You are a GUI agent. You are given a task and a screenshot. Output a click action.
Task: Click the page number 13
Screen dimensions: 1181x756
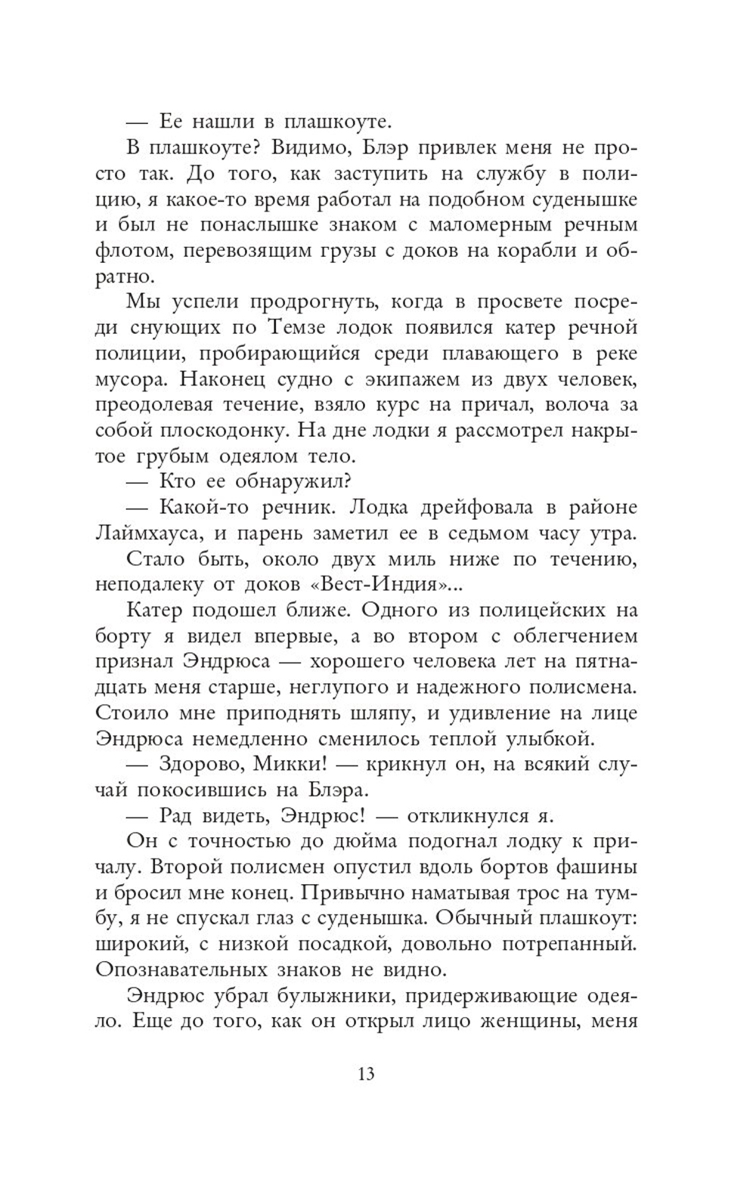(366, 1074)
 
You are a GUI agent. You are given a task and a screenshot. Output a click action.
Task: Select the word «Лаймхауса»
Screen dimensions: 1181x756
(144, 533)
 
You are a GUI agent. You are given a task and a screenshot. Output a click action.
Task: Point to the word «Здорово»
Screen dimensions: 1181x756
(203, 764)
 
